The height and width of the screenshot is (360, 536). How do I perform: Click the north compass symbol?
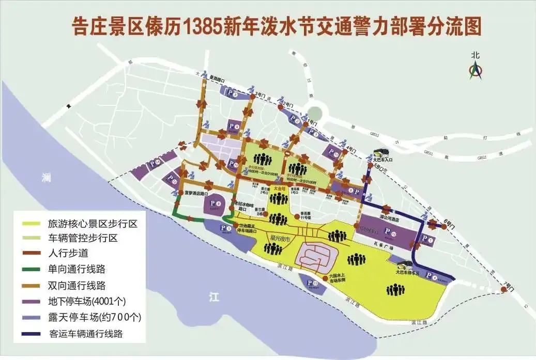point(475,70)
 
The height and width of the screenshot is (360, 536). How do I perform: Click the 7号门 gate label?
point(510,285)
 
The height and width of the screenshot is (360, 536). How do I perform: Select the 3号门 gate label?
point(261,96)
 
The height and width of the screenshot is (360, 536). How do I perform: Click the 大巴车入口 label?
point(384,160)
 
